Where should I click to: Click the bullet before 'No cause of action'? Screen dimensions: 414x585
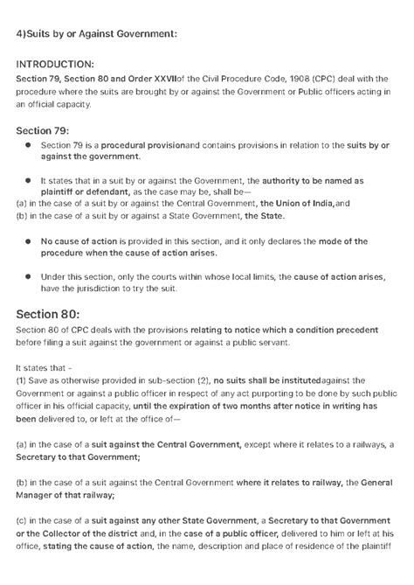coord(27,240)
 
